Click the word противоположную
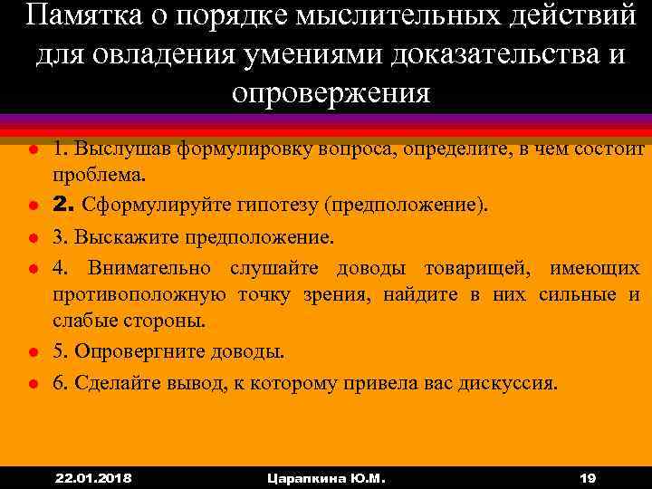coord(139,294)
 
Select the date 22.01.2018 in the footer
coord(93,477)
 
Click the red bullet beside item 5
coord(30,351)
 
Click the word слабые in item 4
coord(81,321)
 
